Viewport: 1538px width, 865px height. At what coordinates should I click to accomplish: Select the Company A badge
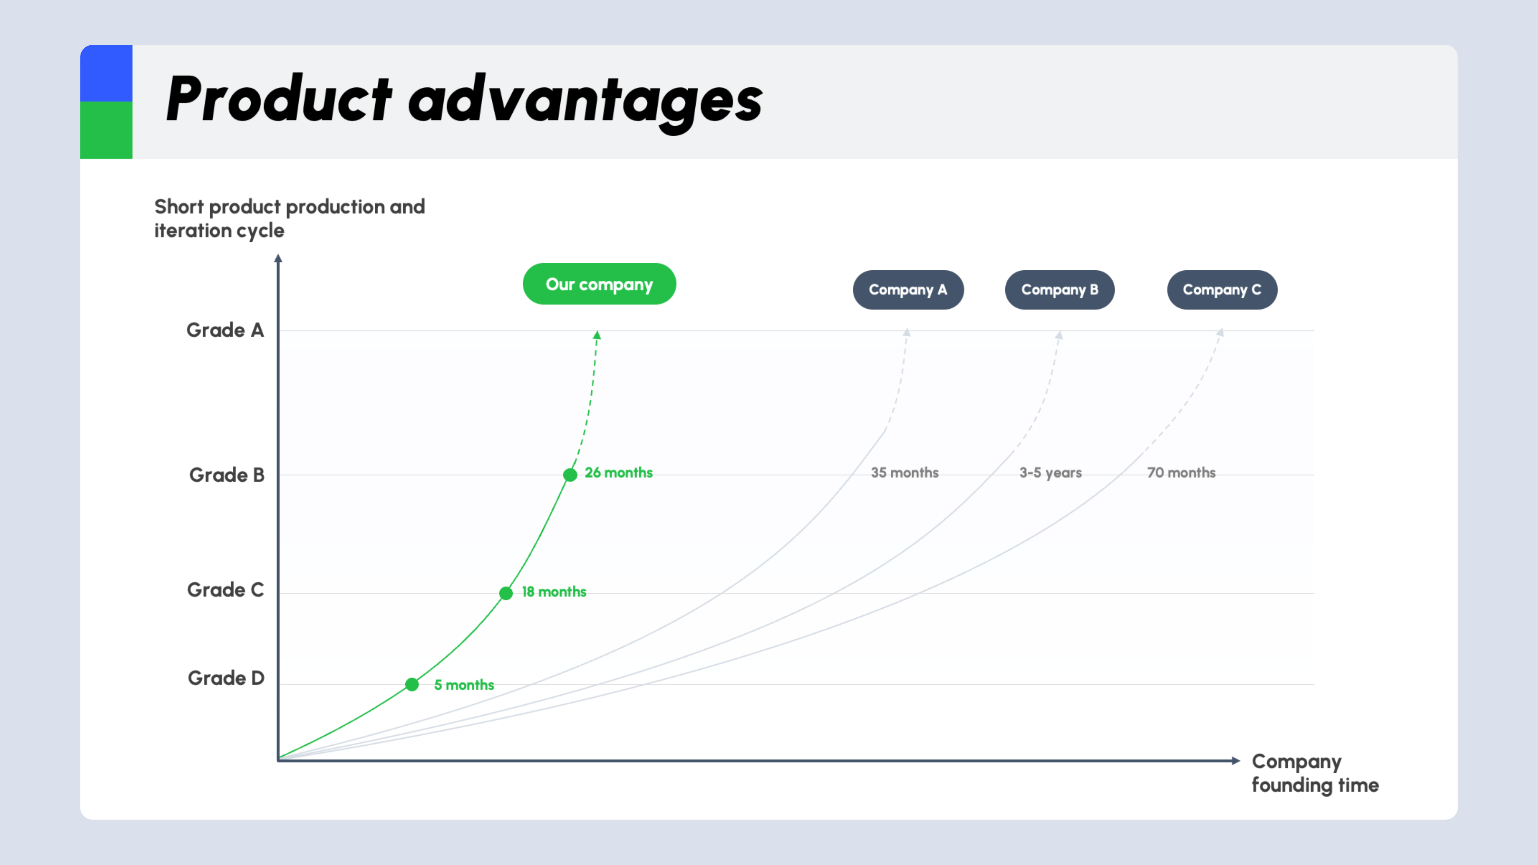908,290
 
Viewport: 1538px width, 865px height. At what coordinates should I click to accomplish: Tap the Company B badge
1060,290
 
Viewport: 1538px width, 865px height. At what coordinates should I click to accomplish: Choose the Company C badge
1222,290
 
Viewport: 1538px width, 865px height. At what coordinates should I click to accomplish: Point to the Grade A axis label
225,330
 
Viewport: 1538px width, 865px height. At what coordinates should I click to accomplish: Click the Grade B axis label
227,475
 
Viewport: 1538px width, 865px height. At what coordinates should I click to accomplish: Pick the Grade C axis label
225,590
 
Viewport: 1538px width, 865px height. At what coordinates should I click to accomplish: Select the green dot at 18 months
506,593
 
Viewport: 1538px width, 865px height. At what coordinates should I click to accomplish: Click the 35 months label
904,473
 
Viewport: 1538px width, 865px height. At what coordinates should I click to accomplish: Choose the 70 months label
1182,473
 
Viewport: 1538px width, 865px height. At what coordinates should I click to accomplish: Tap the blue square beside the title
106,73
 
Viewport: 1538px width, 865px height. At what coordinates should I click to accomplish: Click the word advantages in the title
585,101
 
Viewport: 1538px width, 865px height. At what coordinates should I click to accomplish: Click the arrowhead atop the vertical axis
278,258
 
